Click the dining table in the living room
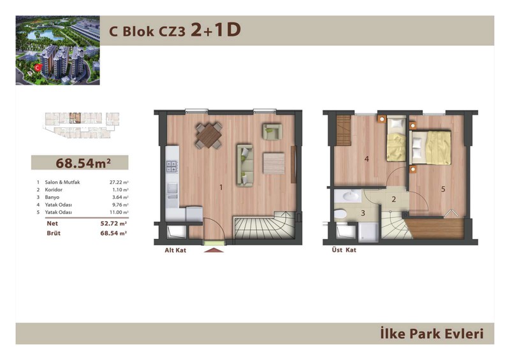click(209, 136)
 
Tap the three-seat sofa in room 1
click(245, 166)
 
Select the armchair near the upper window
click(272, 132)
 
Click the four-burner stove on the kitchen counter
click(171, 166)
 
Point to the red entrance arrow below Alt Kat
click(214, 250)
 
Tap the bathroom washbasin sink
click(347, 196)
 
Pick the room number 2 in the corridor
click(393, 199)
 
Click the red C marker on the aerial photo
click(38, 68)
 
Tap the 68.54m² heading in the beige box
click(83, 163)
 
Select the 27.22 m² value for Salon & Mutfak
click(119, 182)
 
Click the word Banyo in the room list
click(52, 197)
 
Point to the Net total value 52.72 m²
click(113, 224)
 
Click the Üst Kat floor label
click(344, 250)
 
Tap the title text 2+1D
click(215, 30)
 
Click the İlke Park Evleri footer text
click(432, 334)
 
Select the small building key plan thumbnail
click(82, 125)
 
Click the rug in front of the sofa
click(273, 163)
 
